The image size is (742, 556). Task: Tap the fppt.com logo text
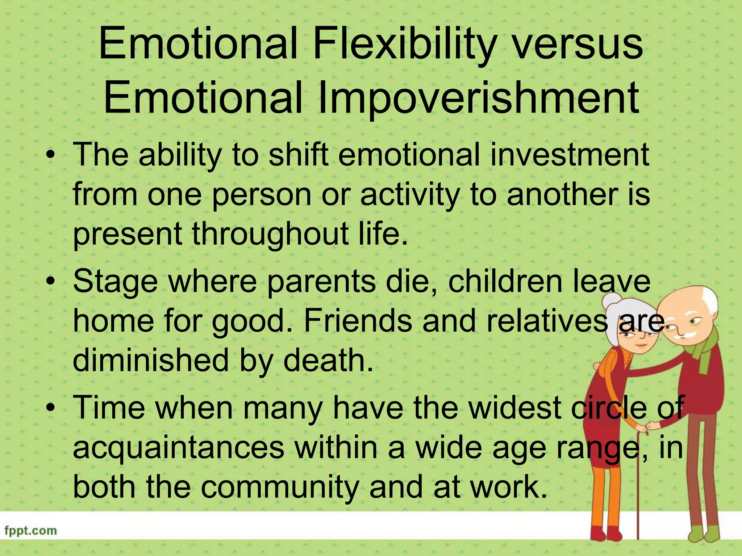pyautogui.click(x=31, y=531)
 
